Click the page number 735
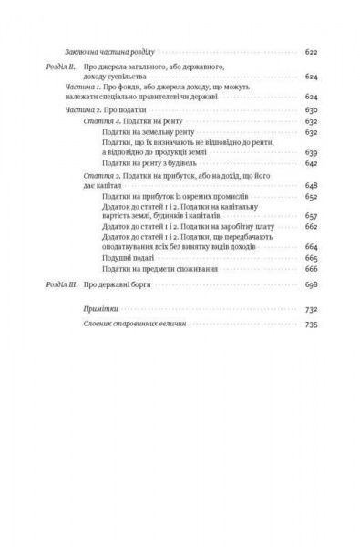[309, 324]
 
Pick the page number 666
[309, 269]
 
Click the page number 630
[309, 108]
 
